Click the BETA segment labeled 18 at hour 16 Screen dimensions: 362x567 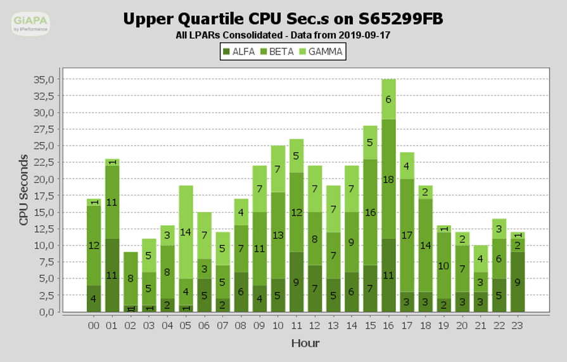pos(388,179)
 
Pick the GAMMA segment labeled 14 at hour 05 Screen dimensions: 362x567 pos(186,232)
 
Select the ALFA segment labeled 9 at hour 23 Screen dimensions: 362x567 pos(518,282)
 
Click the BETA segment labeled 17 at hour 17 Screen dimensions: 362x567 pos(407,235)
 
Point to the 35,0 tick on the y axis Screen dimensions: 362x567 pos(48,79)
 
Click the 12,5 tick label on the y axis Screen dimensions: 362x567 pos(48,229)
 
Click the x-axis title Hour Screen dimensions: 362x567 pos(305,343)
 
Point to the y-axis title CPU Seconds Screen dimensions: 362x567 pos(23,190)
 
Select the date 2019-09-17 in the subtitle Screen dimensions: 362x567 pos(364,35)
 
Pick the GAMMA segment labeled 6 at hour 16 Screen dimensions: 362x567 pos(388,99)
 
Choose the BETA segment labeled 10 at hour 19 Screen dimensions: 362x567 pos(443,265)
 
